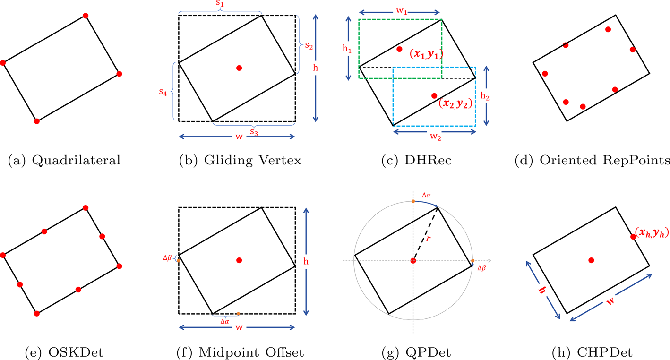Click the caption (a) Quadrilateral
[x=64, y=160]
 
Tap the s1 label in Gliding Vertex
[x=220, y=4]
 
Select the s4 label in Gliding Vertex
[x=163, y=92]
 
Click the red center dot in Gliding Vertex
[x=239, y=68]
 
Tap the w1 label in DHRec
[x=402, y=11]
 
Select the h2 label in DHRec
[x=485, y=96]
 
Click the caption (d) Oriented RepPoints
[x=592, y=160]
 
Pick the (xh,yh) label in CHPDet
[x=652, y=232]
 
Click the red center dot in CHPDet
[x=591, y=260]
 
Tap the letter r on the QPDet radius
[x=428, y=238]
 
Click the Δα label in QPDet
[x=426, y=195]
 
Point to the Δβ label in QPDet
[x=481, y=268]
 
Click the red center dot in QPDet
[x=413, y=261]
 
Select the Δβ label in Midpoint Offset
[x=167, y=258]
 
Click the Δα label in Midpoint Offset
[x=224, y=321]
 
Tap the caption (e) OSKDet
[x=64, y=352]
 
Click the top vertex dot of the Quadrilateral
[x=86, y=16]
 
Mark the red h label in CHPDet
[x=542, y=290]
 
